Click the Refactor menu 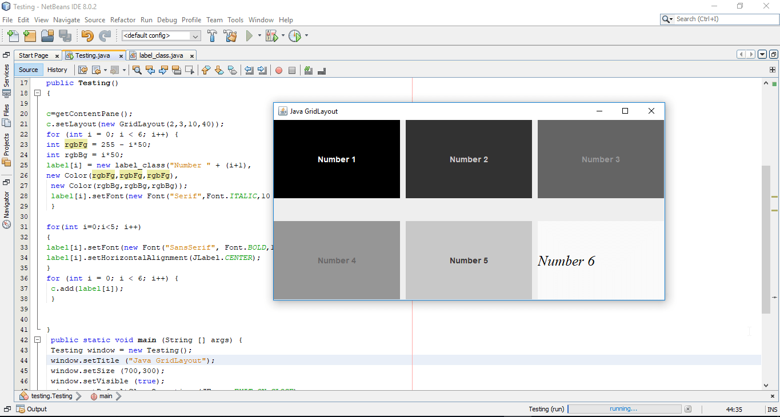123,20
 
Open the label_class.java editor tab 161,55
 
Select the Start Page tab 33,55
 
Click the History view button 57,70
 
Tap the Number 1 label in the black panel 337,159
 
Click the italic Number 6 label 566,261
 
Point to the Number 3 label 601,159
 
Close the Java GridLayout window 651,111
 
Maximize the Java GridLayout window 625,111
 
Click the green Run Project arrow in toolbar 249,36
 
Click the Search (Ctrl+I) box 723,19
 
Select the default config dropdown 161,35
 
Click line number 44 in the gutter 24,360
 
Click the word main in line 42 147,340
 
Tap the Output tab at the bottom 37,409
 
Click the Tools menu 235,20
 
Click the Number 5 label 469,260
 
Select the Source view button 28,70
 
